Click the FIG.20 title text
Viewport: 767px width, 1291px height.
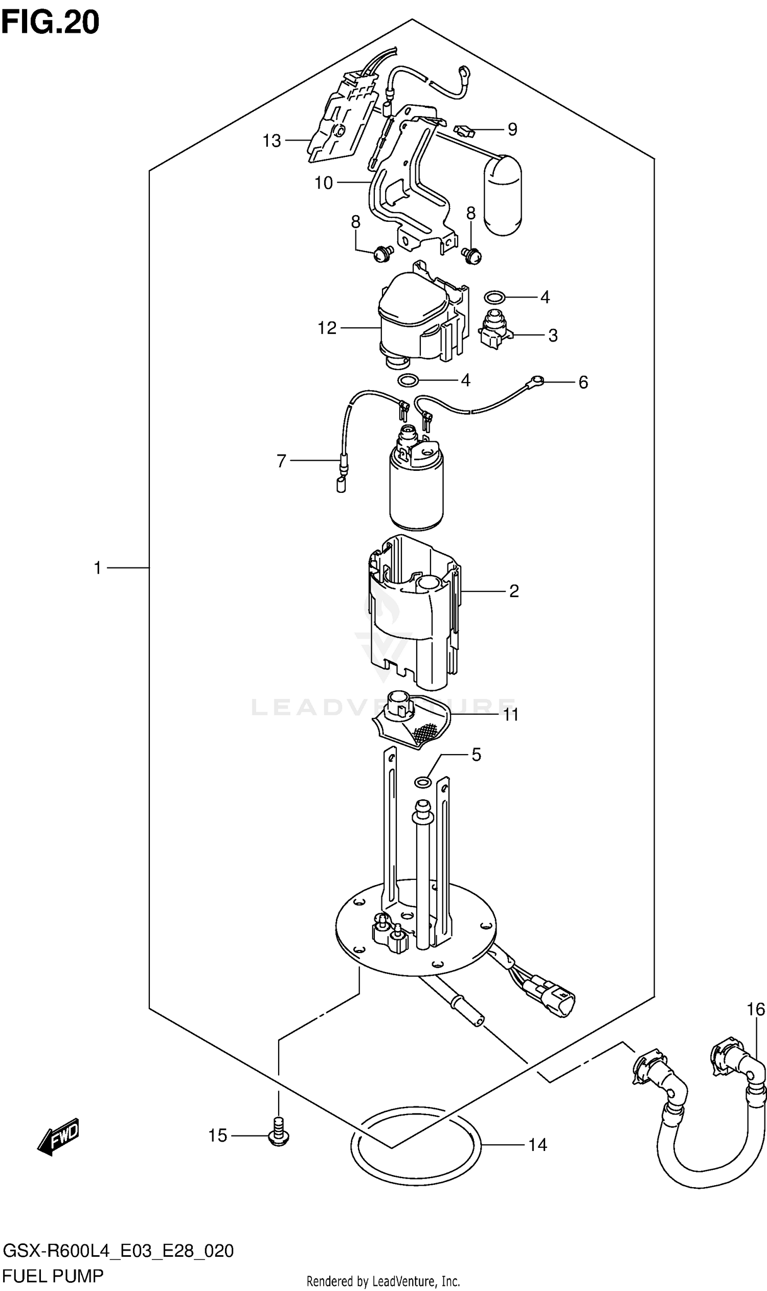[x=50, y=22]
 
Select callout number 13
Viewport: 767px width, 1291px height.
[x=272, y=141]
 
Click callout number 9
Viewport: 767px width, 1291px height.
[x=512, y=129]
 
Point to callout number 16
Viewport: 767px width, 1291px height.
[x=755, y=1009]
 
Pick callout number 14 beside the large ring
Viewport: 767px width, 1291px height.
[x=537, y=1145]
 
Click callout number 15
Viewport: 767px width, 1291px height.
[x=218, y=1136]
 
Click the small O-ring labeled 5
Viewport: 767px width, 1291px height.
[x=423, y=782]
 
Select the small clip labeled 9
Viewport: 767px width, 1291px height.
[x=464, y=130]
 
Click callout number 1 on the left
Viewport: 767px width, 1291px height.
[x=97, y=568]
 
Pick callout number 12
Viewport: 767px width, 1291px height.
[x=327, y=328]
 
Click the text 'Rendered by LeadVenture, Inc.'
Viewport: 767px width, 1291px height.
[x=383, y=1277]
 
